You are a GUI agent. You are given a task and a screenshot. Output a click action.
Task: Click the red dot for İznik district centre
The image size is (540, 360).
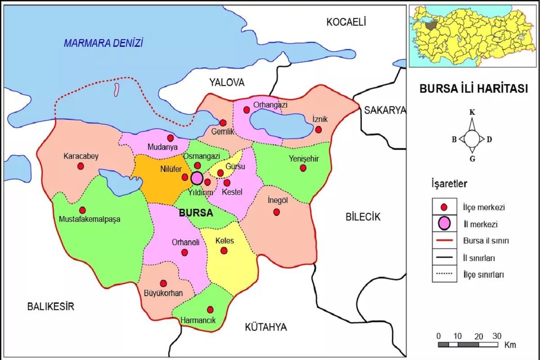[x=318, y=130]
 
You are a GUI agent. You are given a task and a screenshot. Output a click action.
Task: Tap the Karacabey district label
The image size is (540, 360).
[x=81, y=156]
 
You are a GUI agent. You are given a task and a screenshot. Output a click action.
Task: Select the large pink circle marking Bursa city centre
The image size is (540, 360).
[x=197, y=178]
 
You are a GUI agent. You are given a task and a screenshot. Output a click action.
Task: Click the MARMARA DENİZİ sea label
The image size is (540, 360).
[x=103, y=43]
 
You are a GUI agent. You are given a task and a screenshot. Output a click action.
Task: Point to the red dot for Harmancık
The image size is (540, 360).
[x=210, y=310]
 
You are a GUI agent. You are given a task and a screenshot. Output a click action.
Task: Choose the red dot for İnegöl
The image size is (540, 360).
[x=277, y=212]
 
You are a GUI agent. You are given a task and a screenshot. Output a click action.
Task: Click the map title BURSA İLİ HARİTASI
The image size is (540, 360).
[x=473, y=89]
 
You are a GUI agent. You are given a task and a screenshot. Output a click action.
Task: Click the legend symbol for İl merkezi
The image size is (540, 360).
[x=444, y=223]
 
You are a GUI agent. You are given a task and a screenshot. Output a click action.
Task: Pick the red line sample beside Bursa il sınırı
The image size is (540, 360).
[x=444, y=241]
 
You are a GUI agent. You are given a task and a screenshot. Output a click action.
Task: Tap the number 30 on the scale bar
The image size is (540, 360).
[x=497, y=336]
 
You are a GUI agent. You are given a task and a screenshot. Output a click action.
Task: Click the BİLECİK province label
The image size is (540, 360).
[x=363, y=217]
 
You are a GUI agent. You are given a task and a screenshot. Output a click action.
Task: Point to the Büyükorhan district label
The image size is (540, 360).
[x=163, y=293]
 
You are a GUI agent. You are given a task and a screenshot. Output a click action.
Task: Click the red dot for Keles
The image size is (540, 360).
[x=224, y=251]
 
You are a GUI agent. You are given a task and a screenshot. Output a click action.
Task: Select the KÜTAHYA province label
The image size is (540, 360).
[x=265, y=327]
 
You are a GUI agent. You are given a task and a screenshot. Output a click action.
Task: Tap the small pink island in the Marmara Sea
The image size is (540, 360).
[x=116, y=89]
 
